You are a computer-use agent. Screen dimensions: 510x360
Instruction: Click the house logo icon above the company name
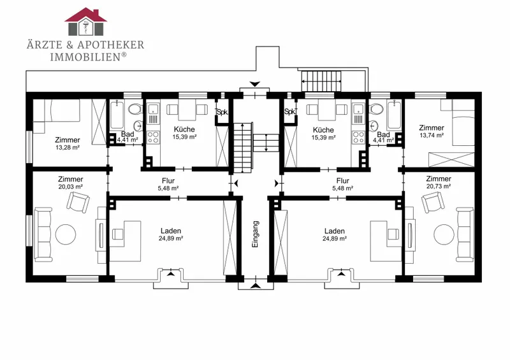[x=86, y=22]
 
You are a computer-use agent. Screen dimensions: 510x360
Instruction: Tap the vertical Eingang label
[x=256, y=234]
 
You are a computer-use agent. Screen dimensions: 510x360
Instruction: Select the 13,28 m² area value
[x=68, y=147]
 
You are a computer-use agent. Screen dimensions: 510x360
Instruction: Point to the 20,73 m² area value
[x=439, y=186]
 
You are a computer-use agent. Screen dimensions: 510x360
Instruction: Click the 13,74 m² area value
[x=432, y=135]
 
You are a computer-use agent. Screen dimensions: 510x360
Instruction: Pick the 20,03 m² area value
[x=70, y=187]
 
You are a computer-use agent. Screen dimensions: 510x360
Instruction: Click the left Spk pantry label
[x=222, y=113]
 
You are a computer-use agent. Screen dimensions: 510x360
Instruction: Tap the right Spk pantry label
[x=289, y=112]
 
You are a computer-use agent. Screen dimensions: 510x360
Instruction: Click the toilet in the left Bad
[x=135, y=109]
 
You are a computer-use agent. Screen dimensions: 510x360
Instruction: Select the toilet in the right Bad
[x=376, y=109]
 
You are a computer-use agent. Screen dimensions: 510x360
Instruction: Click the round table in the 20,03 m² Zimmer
[x=66, y=234]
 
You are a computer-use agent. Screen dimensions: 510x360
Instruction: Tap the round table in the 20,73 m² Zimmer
[x=444, y=234]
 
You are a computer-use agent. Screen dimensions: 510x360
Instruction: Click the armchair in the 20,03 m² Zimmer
[x=78, y=201]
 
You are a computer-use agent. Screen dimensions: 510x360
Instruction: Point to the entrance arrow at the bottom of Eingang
[x=256, y=286]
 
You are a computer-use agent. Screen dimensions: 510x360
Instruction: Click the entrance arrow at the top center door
[x=254, y=84]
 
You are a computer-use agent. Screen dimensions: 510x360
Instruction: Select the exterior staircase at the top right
[x=321, y=81]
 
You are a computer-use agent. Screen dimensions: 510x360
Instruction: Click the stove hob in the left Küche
[x=153, y=137]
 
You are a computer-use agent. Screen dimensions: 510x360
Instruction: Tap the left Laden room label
[x=171, y=231]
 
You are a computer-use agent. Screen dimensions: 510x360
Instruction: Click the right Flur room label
[x=343, y=181]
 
